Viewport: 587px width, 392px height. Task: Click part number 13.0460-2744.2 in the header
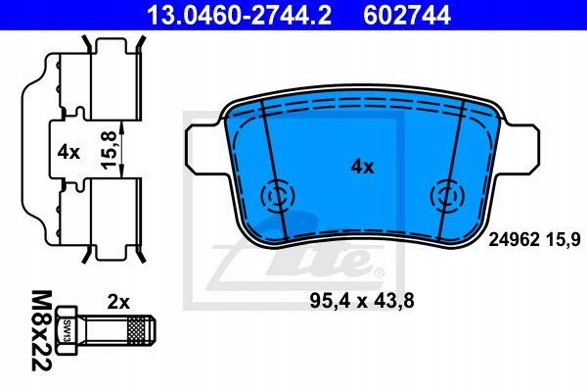click(239, 16)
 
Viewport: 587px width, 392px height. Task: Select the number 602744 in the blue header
click(407, 16)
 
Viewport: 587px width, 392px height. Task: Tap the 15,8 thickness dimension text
click(110, 149)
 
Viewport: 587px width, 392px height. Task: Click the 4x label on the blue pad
click(362, 167)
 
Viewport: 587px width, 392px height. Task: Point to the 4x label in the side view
click(68, 152)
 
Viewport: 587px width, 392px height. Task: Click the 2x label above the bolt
click(118, 302)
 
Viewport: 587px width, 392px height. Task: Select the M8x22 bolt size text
click(41, 330)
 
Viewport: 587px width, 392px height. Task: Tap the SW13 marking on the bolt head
click(68, 330)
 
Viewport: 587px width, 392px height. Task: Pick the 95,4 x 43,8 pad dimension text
click(362, 301)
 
